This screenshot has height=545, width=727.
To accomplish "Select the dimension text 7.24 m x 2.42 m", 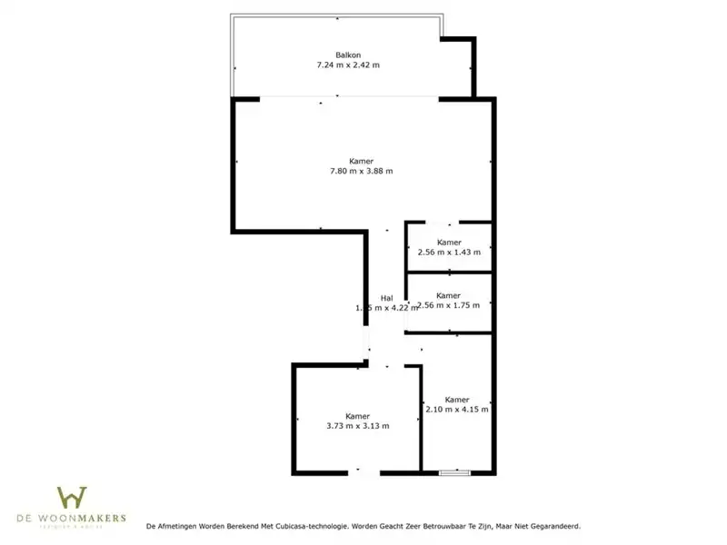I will [x=347, y=65].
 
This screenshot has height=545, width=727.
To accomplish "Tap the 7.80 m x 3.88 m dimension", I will [x=361, y=172].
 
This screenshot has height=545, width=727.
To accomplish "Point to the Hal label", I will [x=386, y=298].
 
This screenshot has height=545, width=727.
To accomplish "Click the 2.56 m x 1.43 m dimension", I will [x=448, y=253].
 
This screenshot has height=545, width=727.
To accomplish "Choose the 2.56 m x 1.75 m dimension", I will [x=449, y=305].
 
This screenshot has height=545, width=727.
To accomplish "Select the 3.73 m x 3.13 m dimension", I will [x=357, y=426].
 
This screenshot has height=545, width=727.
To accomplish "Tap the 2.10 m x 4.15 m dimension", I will [x=457, y=410].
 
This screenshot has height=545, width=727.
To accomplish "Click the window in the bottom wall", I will [x=453, y=472].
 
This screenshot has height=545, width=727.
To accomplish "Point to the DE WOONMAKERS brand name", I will [x=72, y=518].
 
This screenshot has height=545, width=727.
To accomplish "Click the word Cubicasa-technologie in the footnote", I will [x=306, y=526].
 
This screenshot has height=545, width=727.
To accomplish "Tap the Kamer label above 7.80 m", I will [x=361, y=161].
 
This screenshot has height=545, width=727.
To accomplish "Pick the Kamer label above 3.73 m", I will [x=357, y=416].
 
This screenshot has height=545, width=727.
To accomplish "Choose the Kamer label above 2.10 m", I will [x=457, y=400].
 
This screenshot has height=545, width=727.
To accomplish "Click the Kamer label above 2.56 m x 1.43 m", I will [x=448, y=243].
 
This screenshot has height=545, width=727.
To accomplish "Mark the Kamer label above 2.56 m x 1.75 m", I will [x=448, y=295].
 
